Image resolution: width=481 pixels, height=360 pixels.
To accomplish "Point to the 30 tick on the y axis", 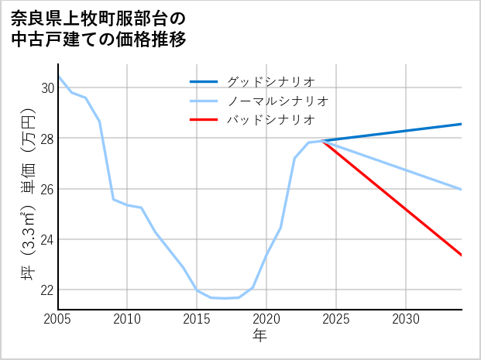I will tap(46, 88).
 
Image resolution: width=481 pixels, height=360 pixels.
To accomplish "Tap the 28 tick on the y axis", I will tap(46, 139).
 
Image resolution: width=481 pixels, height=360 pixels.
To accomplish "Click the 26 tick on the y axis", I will tap(46, 189).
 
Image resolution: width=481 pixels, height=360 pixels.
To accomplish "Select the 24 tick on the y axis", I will tap(46, 239).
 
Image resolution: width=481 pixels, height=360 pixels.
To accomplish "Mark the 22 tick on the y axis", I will tap(46, 290).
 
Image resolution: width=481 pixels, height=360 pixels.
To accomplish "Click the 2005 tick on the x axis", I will tap(58, 319).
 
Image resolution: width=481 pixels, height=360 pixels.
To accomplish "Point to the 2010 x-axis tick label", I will tap(127, 319).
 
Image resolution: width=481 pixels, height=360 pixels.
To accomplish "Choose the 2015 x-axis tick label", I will tap(197, 319).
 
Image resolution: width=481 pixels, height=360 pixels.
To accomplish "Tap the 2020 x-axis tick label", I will tap(266, 319).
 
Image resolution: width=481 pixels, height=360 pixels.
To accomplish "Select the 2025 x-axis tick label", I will tap(336, 319).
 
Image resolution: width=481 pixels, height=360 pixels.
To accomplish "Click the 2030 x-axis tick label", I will tap(406, 319).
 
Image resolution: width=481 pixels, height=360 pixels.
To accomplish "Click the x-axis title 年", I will tap(259, 336).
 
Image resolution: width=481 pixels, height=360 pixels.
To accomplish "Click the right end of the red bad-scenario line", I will tap(462, 255).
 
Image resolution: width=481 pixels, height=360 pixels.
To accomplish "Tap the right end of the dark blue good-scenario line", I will tap(462, 124).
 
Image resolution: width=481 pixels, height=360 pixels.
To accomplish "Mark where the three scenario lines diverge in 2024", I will tap(322, 141).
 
